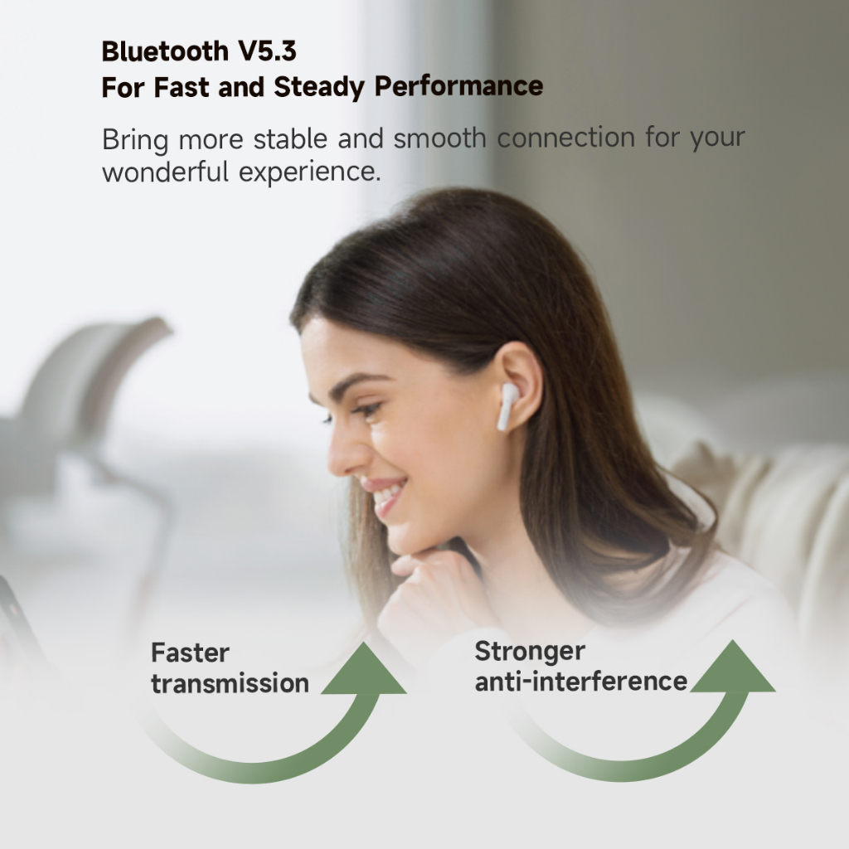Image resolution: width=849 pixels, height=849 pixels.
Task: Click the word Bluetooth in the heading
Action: coord(165,51)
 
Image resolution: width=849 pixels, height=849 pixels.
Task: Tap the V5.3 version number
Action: coord(268,51)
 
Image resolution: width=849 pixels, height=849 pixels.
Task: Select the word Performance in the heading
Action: coord(458,86)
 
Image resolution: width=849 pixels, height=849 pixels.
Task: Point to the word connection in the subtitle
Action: coord(565,138)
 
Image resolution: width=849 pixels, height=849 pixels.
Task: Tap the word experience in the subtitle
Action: coord(310,173)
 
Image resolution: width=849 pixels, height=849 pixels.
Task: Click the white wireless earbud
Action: coord(507,406)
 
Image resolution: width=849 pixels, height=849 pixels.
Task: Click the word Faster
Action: coord(190,653)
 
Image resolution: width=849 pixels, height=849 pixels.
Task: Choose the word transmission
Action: coord(230,683)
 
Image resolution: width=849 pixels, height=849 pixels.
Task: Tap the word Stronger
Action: coord(530,652)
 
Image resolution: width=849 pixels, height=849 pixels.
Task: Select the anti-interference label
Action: coord(581,682)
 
